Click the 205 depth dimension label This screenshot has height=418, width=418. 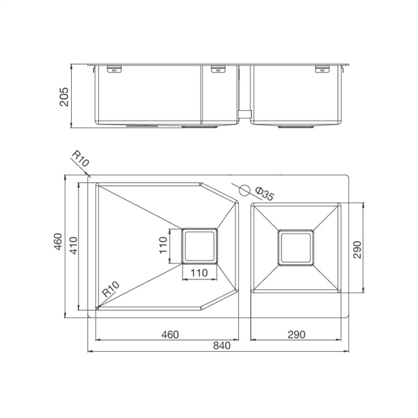[x=64, y=97]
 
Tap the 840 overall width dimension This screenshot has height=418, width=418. [x=222, y=346]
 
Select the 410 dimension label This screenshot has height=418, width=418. [x=73, y=245]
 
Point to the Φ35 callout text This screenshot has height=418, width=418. [x=264, y=194]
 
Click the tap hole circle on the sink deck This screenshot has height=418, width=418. [x=245, y=190]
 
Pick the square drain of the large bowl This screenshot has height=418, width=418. [x=199, y=246]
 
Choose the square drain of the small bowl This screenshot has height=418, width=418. [x=295, y=247]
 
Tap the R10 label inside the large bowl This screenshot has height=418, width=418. [x=111, y=289]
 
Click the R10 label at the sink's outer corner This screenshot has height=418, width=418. [x=81, y=159]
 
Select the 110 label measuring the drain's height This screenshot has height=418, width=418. [x=163, y=245]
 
